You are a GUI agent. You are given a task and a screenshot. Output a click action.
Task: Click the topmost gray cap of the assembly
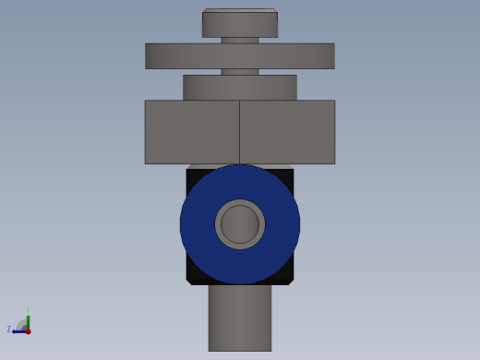point(240,24)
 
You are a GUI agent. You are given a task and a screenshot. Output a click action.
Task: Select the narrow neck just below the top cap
point(240,40)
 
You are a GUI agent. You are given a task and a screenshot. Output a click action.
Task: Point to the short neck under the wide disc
point(240,71)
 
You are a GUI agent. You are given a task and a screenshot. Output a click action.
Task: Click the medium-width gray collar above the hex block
point(240,87)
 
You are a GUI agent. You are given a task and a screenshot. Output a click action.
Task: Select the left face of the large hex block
point(192,132)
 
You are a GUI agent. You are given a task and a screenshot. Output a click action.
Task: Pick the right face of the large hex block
point(287,132)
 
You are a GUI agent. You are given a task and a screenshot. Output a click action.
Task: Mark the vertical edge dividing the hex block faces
point(240,132)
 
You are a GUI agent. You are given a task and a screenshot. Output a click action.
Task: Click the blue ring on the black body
point(198,224)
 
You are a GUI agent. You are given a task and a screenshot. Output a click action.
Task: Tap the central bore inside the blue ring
point(240,224)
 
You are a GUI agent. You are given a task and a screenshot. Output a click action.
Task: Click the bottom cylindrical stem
point(240,318)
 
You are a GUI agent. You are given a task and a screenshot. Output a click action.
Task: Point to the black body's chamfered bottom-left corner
point(190,280)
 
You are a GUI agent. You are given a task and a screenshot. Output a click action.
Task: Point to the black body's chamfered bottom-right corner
point(290,280)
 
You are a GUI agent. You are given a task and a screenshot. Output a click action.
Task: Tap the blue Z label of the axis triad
point(9,330)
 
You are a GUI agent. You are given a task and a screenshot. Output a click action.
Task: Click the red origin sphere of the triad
point(28,330)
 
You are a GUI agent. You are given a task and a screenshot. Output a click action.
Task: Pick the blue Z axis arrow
point(18,330)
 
